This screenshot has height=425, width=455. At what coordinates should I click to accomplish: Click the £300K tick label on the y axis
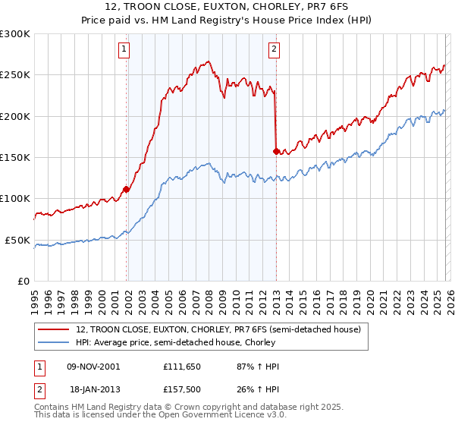(14, 34)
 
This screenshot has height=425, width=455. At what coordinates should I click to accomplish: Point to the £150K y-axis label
(14, 157)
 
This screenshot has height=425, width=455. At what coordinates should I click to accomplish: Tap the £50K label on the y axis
(17, 240)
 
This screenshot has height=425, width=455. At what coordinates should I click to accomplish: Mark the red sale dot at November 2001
(126, 189)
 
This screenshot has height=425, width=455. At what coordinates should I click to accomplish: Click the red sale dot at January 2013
(275, 151)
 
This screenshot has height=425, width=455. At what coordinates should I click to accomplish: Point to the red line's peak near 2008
(207, 62)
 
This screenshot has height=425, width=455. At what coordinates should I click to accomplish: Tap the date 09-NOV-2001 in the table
(93, 367)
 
